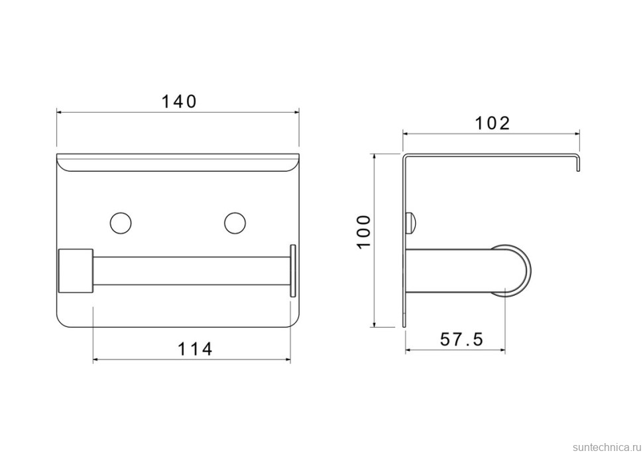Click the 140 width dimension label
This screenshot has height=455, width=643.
pos(179,101)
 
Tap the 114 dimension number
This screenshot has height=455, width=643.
pos(195,349)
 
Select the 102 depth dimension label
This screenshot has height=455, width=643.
pos(492,123)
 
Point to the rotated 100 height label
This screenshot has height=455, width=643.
pos(364,231)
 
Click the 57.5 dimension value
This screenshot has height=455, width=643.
pos(462,340)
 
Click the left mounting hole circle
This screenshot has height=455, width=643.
pos(121,224)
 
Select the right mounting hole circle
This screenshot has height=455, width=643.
pos(235,224)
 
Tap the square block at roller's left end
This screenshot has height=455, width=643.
pos(76,271)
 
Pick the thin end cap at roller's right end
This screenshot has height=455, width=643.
pos(293,271)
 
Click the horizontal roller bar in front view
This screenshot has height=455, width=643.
pos(192,271)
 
